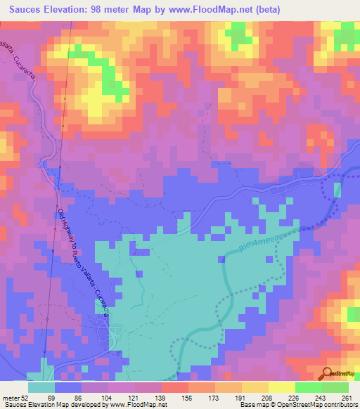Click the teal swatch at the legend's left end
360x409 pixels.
[41, 387]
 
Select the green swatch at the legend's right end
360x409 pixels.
[335, 387]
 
